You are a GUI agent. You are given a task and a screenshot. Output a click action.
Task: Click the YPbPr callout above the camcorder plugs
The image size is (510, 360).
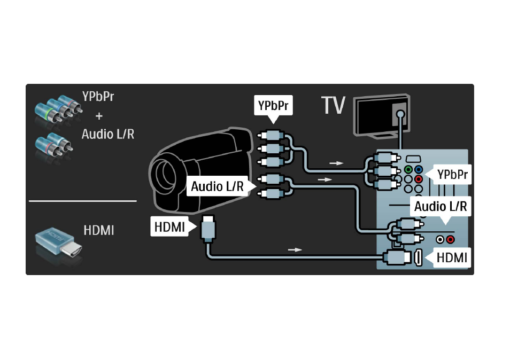click(273, 106)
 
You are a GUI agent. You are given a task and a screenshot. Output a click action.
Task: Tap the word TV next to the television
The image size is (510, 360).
click(333, 105)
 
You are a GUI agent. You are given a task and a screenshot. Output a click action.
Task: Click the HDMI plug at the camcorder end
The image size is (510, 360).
click(208, 229)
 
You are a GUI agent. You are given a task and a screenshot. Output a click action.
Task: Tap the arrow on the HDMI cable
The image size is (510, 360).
click(295, 249)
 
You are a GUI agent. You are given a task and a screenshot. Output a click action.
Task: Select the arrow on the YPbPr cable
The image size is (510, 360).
click(337, 163)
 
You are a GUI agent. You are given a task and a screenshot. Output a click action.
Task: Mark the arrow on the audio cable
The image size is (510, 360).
click(324, 179)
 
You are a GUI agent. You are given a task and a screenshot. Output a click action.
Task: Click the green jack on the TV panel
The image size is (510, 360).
click(408, 170)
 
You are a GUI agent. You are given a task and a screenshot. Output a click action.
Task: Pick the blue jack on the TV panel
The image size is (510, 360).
click(419, 170)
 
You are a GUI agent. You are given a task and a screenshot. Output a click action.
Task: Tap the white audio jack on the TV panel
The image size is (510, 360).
click(440, 240)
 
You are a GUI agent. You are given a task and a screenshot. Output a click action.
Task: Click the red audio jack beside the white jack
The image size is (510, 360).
click(450, 240)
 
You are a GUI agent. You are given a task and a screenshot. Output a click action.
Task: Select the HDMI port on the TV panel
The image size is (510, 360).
click(418, 257)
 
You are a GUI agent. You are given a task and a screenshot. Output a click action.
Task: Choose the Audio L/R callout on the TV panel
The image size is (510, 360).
click(441, 207)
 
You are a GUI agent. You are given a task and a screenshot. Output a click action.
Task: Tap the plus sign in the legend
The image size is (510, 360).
click(99, 116)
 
